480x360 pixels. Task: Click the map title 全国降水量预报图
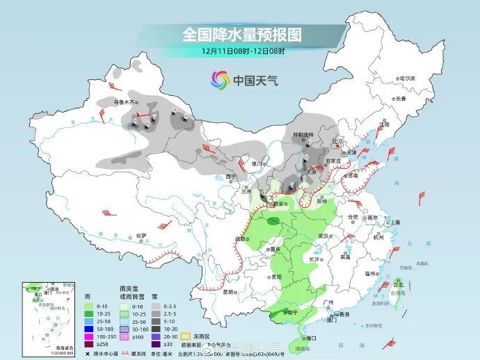[x=242, y=34]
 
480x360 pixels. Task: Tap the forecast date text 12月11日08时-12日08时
[x=243, y=51]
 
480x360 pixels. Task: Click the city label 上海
[x=395, y=222]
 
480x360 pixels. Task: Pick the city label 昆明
[x=227, y=291]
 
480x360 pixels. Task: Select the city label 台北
[x=399, y=284]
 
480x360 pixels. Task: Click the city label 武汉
[x=322, y=236]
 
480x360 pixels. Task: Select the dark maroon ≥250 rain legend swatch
[x=88, y=343]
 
